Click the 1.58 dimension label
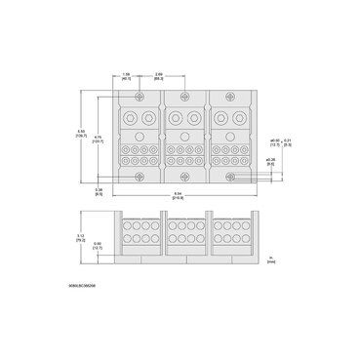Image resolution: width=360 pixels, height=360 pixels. (x=127, y=74)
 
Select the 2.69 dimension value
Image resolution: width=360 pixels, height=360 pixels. (x=159, y=74)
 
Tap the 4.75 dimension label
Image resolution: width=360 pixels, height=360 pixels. (x=100, y=139)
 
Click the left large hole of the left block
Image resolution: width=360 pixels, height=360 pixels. (x=133, y=118)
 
